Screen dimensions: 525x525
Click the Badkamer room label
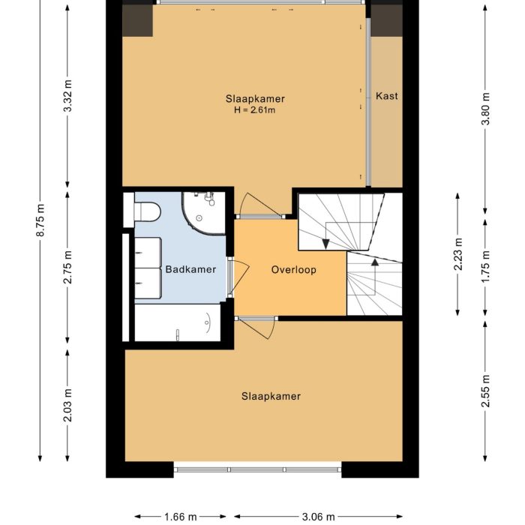190,270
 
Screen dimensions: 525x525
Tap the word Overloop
294,270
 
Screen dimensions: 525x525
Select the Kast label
387,96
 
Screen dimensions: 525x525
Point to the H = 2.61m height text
255,111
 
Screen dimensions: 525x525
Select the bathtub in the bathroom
178,322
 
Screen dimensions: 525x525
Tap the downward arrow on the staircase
327,242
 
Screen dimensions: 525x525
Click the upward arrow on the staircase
373,262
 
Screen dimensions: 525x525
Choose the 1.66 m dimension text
180,517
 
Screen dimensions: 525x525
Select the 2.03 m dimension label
68,405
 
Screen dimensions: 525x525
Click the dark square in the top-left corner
138,20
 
